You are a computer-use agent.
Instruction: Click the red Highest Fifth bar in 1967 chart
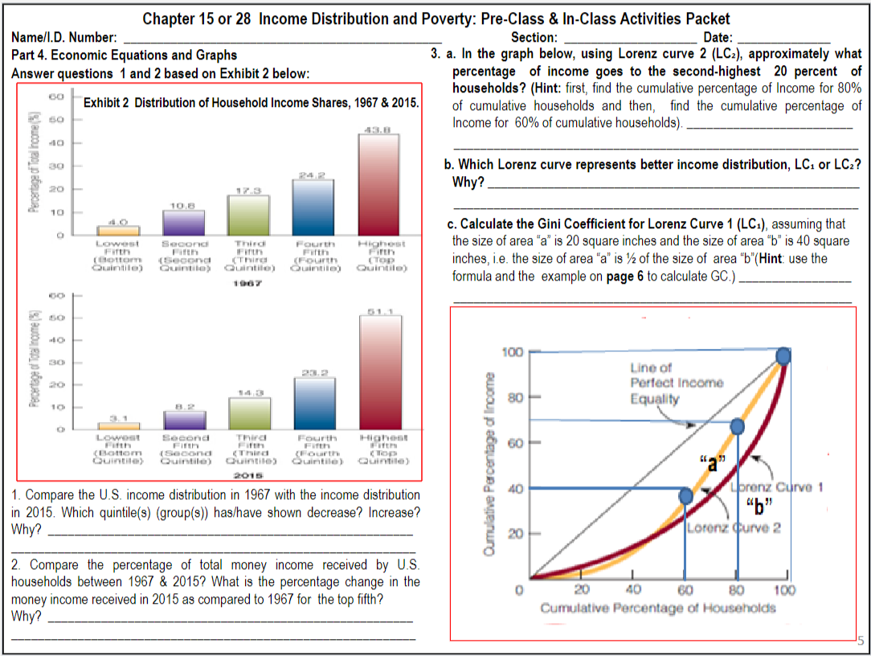(378, 184)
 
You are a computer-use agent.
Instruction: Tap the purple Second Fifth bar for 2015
(184, 420)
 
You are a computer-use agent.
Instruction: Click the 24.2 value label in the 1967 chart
(313, 174)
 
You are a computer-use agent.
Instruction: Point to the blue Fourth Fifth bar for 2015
(313, 403)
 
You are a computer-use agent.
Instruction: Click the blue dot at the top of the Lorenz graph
(783, 355)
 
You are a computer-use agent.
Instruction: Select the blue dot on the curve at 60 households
(685, 497)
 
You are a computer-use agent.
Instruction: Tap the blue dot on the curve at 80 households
(737, 425)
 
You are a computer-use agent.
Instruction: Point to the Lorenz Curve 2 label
(722, 527)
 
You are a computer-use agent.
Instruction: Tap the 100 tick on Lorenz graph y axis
(512, 352)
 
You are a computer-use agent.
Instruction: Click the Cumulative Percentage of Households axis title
(658, 608)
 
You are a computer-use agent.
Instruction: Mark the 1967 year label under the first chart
(248, 283)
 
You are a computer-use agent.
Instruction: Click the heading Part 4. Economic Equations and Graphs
(125, 55)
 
